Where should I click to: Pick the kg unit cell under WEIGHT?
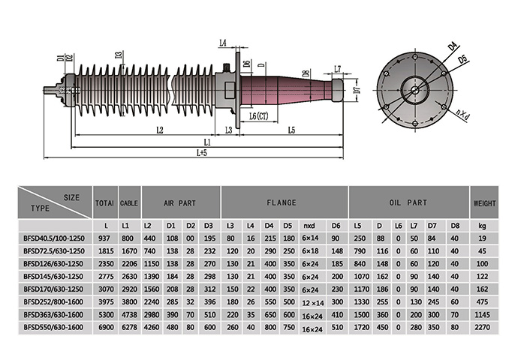pyautogui.click(x=484, y=224)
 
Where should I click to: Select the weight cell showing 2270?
pyautogui.click(x=484, y=327)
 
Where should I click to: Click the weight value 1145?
pyautogui.click(x=484, y=314)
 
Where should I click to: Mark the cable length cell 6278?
pyautogui.click(x=129, y=327)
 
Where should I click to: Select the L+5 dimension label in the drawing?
pyautogui.click(x=202, y=152)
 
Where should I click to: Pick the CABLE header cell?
pyautogui.click(x=129, y=202)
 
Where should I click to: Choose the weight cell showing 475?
pyautogui.click(x=484, y=301)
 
